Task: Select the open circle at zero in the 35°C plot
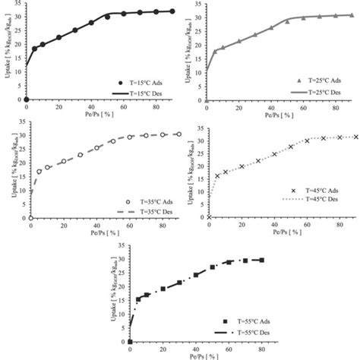[27, 218]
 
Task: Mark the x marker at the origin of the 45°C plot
[209, 218]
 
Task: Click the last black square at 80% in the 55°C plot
[262, 260]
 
